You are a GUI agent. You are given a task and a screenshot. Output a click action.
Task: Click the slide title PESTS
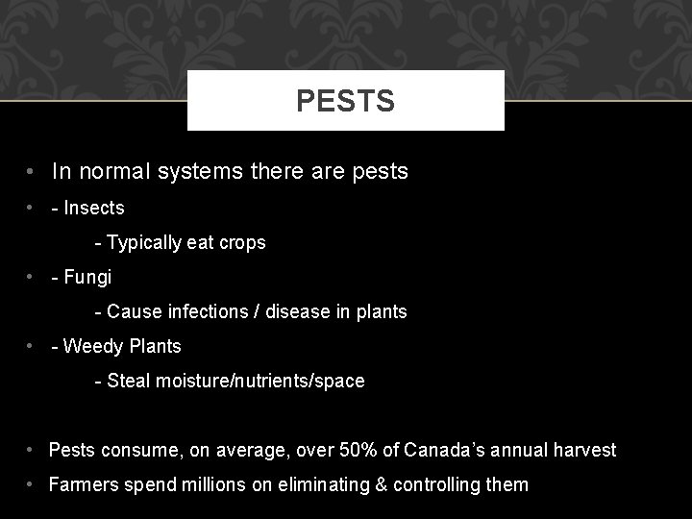(345, 101)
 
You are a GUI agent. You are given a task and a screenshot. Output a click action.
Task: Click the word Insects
(93, 208)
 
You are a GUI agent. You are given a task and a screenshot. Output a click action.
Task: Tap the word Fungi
(87, 277)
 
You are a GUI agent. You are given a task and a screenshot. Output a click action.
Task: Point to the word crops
(242, 243)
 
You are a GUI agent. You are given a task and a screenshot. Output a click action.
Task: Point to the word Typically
(146, 243)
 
